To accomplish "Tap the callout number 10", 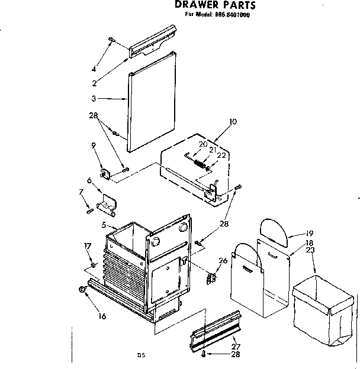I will [x=233, y=122].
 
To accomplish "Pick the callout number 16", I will [x=102, y=316].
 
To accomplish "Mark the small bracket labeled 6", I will [x=107, y=203].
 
